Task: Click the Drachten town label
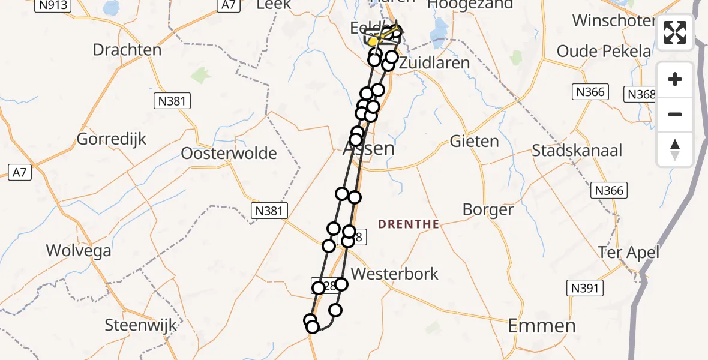(x=127, y=50)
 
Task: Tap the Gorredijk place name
(x=112, y=139)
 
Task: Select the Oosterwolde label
(x=229, y=154)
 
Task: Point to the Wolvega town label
(x=79, y=250)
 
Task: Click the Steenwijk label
(x=141, y=326)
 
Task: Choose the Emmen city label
(x=542, y=326)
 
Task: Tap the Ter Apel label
(x=628, y=253)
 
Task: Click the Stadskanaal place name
(x=577, y=150)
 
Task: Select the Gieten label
(x=474, y=142)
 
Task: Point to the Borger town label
(x=488, y=210)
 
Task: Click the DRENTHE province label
(x=409, y=224)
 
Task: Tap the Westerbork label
(x=394, y=274)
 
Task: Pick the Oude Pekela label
(x=604, y=51)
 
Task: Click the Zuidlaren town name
(x=434, y=63)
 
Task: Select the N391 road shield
(x=583, y=289)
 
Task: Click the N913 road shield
(x=53, y=5)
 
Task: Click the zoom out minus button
(x=675, y=114)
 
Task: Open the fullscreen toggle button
(x=675, y=32)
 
